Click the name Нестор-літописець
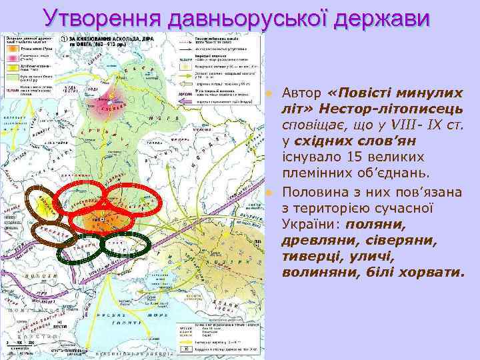pos(381,108)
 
